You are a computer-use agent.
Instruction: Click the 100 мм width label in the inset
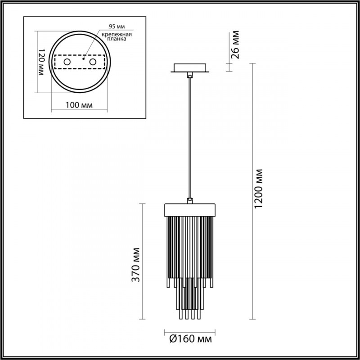coord(79,105)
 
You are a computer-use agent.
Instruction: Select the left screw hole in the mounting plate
coord(67,61)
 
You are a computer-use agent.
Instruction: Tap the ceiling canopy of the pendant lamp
coord(190,68)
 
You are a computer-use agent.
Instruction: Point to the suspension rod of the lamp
coord(190,135)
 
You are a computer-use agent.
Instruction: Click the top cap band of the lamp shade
coord(190,210)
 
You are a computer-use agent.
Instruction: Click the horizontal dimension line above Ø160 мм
coord(190,329)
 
